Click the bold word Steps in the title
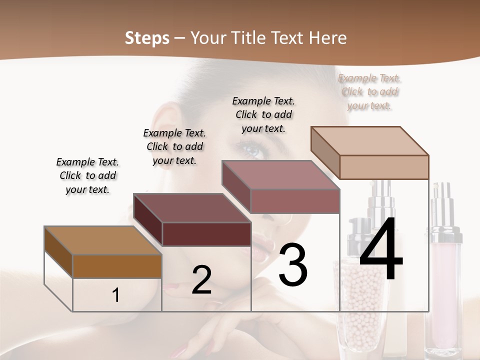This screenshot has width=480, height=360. (147, 38)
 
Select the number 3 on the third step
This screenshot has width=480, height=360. (293, 265)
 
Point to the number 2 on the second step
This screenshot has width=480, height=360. (201, 280)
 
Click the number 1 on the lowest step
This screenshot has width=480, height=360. (116, 295)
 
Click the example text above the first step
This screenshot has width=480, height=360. (87, 176)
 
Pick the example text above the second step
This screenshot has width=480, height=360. (174, 146)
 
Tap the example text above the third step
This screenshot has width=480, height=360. (263, 114)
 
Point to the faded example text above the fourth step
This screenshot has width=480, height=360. (369, 92)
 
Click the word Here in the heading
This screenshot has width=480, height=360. (328, 38)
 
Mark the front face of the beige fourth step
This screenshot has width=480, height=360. (384, 167)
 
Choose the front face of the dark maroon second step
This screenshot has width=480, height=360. (206, 234)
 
